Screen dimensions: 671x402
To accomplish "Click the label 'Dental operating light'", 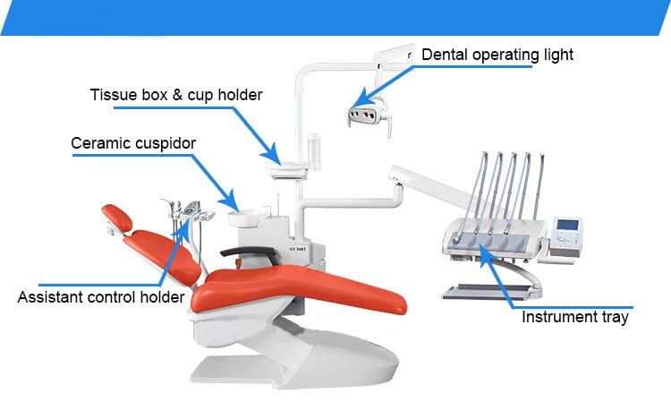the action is click(x=497, y=55).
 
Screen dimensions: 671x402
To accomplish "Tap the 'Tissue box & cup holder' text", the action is click(x=176, y=95).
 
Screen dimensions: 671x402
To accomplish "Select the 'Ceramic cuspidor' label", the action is click(x=133, y=143).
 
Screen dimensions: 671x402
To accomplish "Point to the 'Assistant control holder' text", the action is click(x=101, y=296).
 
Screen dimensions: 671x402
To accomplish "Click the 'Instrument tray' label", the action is click(x=574, y=317).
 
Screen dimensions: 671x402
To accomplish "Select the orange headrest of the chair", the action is click(x=117, y=217).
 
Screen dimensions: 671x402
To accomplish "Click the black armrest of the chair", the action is click(x=250, y=255).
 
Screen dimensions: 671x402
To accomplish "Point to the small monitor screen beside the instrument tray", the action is click(x=567, y=225).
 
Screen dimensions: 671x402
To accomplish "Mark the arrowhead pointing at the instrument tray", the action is click(x=485, y=252).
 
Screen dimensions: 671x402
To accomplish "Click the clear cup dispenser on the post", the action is click(x=314, y=151).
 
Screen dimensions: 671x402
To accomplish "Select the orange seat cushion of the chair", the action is click(x=300, y=288).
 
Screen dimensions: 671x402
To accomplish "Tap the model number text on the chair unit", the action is click(x=297, y=249).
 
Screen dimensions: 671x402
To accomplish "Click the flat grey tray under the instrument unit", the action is click(x=488, y=292).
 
